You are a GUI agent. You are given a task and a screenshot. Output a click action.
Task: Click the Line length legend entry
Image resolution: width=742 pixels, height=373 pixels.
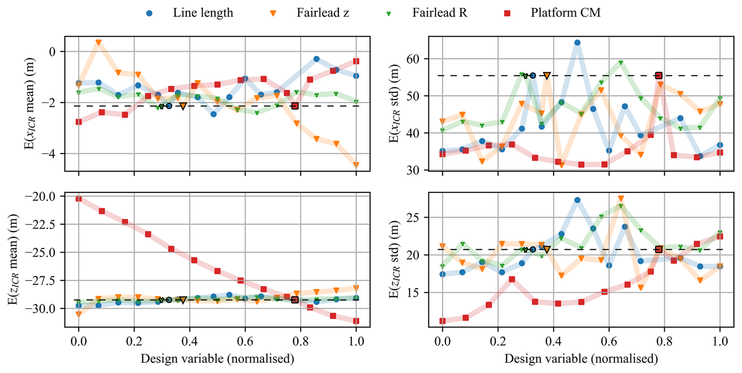pyautogui.click(x=202, y=13)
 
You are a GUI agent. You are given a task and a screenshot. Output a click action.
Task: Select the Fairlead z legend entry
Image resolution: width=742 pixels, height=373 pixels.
pyautogui.click(x=322, y=13)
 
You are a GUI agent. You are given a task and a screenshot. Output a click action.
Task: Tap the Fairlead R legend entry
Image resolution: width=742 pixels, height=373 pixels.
pyautogui.click(x=439, y=13)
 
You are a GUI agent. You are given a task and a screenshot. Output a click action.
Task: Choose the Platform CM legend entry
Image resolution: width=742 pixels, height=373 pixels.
pyautogui.click(x=565, y=13)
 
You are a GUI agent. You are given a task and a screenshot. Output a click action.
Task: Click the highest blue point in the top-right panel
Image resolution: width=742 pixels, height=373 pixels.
pyautogui.click(x=577, y=43)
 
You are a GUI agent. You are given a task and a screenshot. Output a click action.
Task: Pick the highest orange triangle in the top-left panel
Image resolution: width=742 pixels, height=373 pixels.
pyautogui.click(x=99, y=42)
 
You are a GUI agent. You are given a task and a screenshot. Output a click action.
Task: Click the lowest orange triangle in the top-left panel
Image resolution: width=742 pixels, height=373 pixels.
pyautogui.click(x=356, y=165)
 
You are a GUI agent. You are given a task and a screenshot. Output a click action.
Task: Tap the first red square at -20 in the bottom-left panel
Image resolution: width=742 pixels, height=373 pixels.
pyautogui.click(x=79, y=199)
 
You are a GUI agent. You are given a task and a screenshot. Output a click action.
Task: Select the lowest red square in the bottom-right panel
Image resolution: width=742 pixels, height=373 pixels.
pyautogui.click(x=443, y=321)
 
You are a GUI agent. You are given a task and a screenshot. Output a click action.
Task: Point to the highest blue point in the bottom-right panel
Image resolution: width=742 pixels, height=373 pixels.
pyautogui.click(x=577, y=200)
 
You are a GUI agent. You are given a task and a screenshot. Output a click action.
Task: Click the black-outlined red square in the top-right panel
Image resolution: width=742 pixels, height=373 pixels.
pyautogui.click(x=659, y=76)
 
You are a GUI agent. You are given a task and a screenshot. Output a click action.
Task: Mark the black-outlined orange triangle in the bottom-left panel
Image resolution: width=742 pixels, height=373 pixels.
pyautogui.click(x=183, y=300)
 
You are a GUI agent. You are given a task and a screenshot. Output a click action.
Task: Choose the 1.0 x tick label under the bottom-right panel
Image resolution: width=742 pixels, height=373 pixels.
pyautogui.click(x=720, y=341)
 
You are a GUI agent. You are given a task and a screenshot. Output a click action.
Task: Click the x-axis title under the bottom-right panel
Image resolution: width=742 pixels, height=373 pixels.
pyautogui.click(x=581, y=358)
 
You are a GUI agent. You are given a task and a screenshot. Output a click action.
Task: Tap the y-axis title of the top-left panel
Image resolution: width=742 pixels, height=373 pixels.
pyautogui.click(x=30, y=104)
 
